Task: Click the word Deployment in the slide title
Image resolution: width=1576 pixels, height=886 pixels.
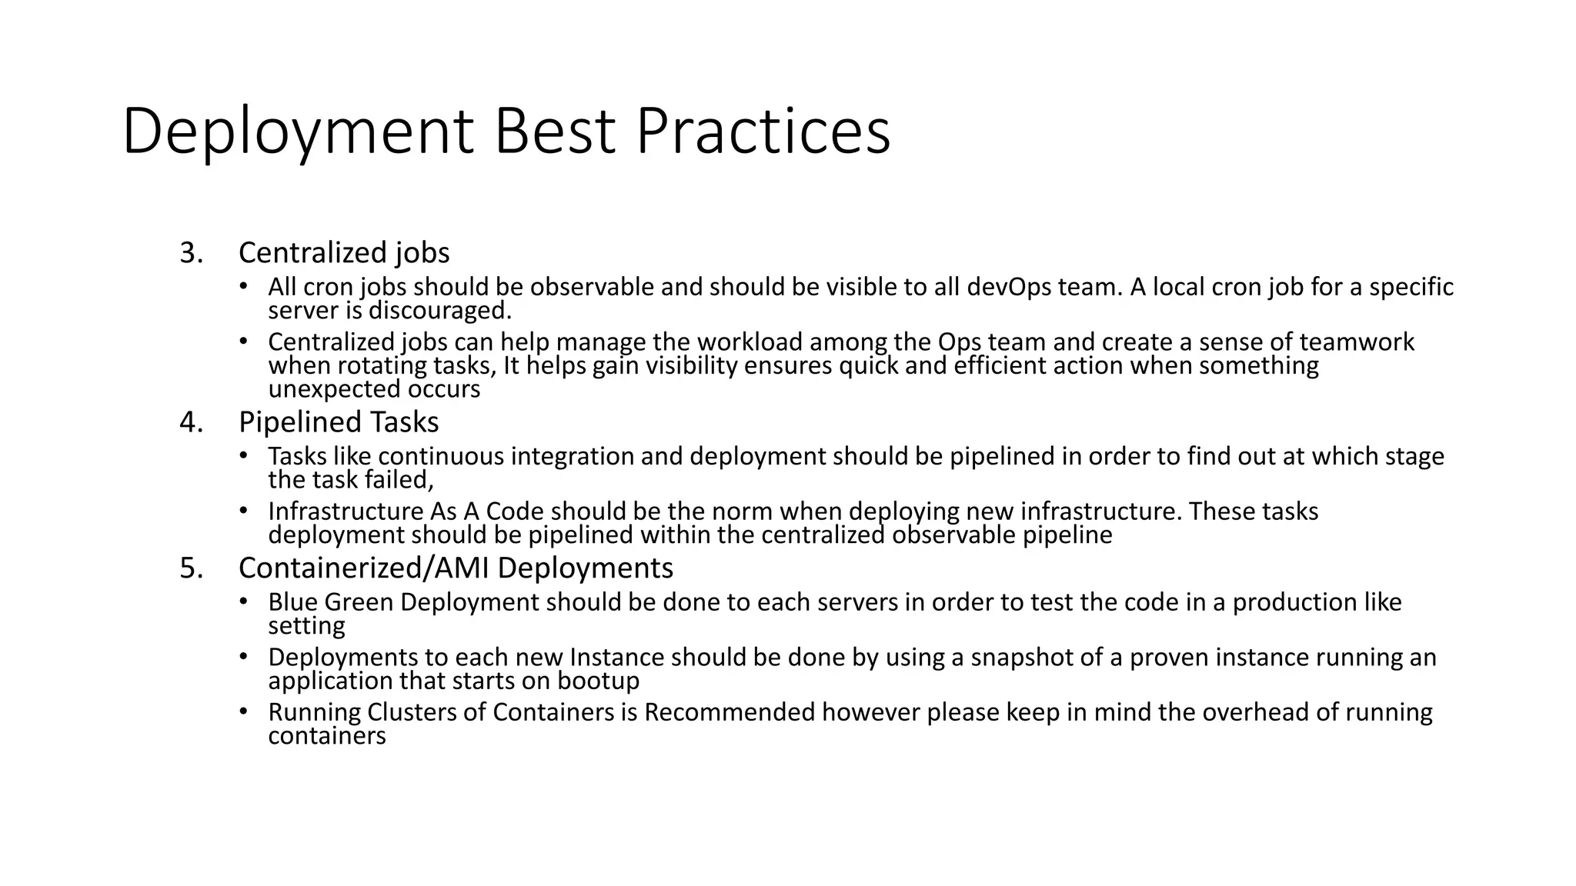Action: (297, 132)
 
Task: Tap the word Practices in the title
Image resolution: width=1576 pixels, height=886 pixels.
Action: (763, 132)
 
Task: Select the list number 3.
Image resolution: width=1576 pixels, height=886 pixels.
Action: (191, 253)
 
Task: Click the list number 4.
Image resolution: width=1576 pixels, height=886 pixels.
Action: (191, 422)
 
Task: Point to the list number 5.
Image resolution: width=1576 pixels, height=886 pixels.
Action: (191, 568)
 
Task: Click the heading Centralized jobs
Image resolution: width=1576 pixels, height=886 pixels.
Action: (344, 253)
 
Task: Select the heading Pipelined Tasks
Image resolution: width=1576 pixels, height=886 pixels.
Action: (339, 422)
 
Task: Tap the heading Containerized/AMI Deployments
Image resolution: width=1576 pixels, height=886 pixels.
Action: (456, 568)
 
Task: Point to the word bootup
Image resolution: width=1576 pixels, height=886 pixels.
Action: (598, 681)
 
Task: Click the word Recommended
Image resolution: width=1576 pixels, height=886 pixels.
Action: (729, 712)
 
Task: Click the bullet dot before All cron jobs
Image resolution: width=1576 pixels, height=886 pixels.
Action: (243, 286)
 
